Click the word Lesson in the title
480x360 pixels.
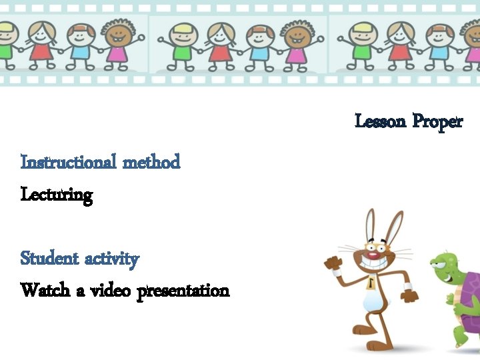381,121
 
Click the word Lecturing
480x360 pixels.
57,195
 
